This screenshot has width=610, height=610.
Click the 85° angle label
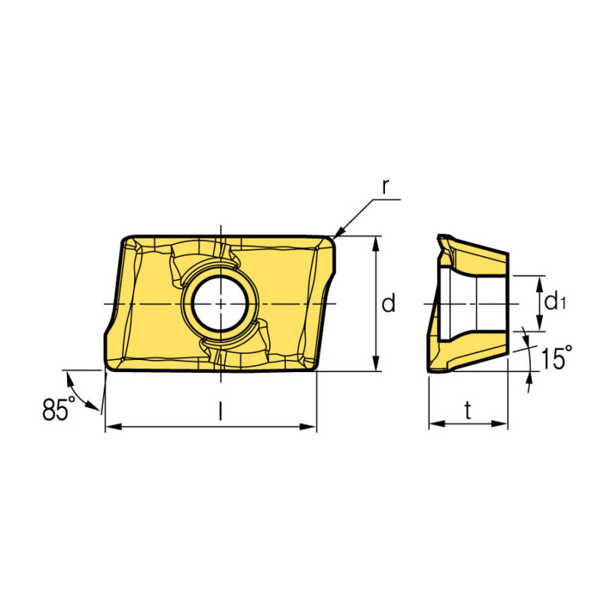coord(59,409)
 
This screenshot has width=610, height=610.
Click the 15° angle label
coord(557,357)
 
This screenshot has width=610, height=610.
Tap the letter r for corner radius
coord(385,188)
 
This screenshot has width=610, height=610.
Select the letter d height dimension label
coord(388,303)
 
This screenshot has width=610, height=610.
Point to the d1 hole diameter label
coord(555,300)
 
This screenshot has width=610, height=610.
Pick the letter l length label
coord(220,411)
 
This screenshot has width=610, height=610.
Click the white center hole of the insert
coord(220,303)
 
